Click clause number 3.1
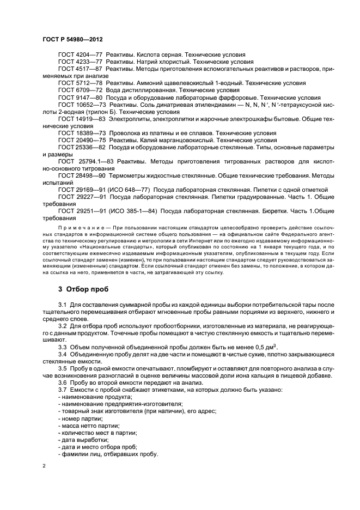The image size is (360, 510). (x=63, y=305)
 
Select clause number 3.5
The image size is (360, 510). (x=63, y=369)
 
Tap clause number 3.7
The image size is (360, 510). (x=63, y=390)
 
